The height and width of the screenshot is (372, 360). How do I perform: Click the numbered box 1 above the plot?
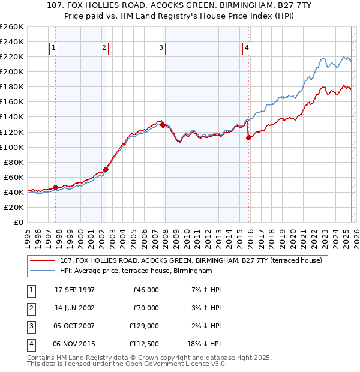[55, 49]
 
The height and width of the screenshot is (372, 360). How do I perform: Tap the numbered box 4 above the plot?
[247, 49]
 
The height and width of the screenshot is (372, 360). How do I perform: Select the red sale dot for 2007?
[163, 125]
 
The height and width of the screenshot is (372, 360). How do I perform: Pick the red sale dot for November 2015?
[248, 137]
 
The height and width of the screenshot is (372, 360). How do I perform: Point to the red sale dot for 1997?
[56, 187]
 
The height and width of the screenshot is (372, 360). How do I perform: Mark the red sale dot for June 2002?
[106, 169]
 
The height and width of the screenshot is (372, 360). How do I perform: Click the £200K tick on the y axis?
[11, 71]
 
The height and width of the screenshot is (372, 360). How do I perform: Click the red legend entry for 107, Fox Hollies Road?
[191, 260]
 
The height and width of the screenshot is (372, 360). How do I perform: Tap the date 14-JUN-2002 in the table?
[74, 308]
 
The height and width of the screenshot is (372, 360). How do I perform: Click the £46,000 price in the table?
[146, 290]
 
